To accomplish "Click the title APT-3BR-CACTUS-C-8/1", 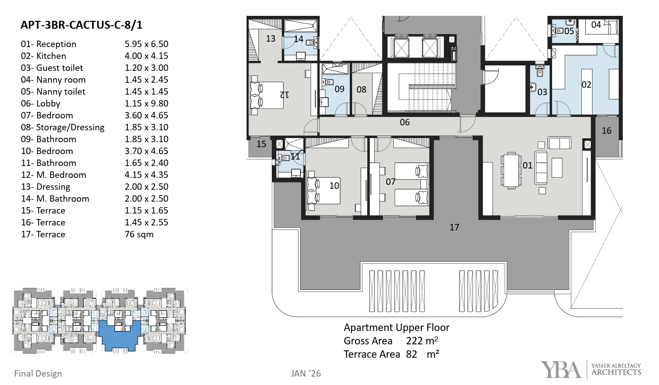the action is pos(82,25).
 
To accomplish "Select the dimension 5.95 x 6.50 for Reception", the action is pos(146,44).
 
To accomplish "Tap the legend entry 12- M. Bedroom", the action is pos(53,175).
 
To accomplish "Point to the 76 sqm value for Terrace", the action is pos(139,234).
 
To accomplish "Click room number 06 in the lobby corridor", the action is pos(405,122).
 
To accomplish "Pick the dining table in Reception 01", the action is pos(511,170).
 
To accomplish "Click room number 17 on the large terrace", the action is pos(454,227).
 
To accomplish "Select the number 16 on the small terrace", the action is pos(607,131).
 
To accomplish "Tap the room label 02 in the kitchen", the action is pos(586,85).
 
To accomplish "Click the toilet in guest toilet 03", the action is pos(540,71).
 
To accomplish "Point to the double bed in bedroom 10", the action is pos(324,191).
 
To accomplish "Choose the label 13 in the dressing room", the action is pos(270,39).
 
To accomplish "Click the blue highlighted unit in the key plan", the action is pos(119,335).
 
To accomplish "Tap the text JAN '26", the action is pos(305,374).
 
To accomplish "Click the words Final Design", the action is pos(38,374).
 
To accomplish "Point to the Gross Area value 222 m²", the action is pos(422,341).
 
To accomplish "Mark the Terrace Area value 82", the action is pos(411,354).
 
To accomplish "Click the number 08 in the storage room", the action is pos(361,90).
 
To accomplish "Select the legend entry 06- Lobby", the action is pos(41,104).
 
